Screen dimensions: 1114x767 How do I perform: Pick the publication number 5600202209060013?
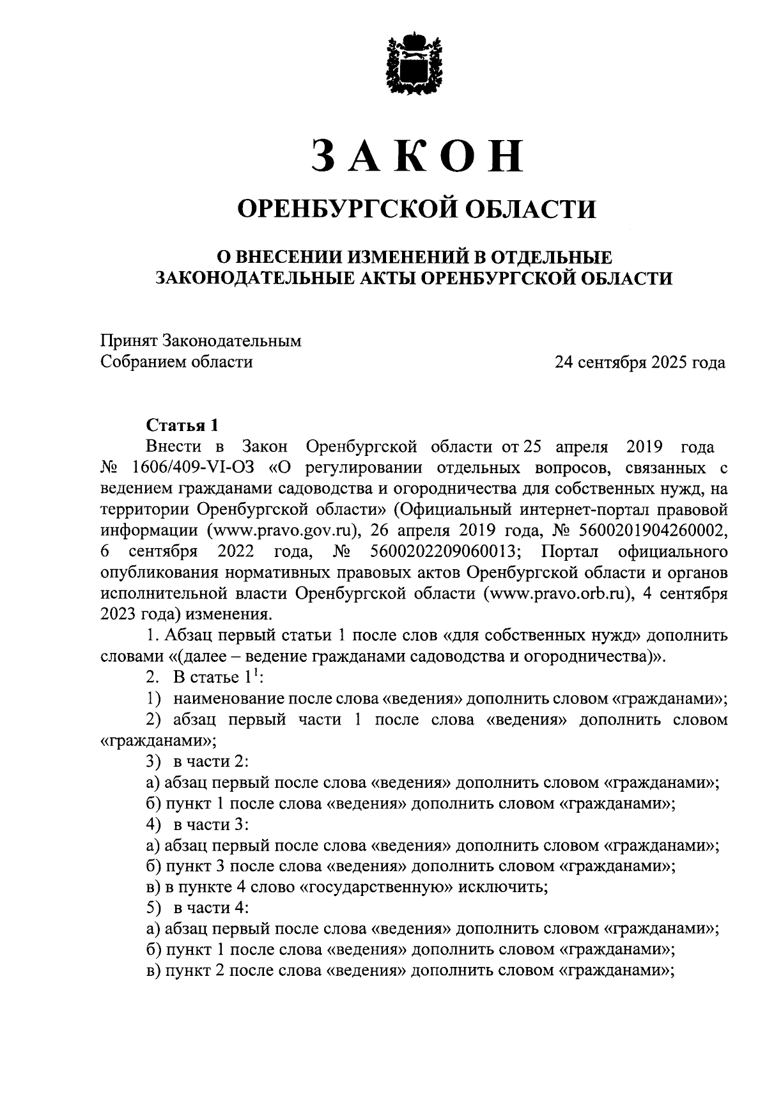(445, 551)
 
